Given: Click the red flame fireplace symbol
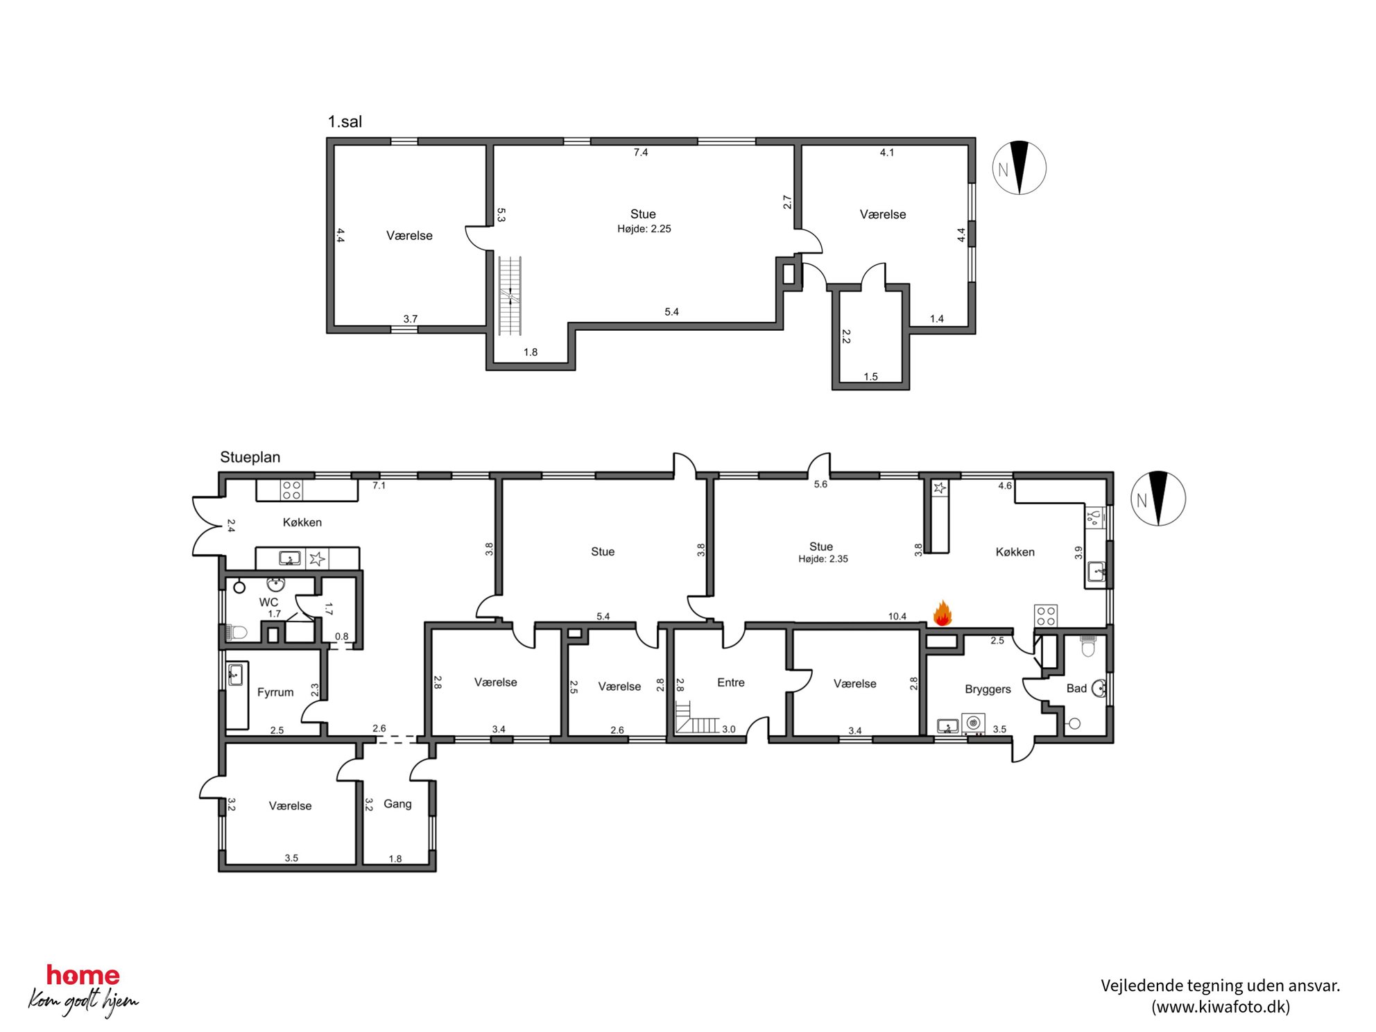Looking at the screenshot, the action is pyautogui.click(x=942, y=614).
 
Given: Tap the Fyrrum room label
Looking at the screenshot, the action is pyautogui.click(x=275, y=692).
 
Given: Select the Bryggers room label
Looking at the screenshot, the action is pyautogui.click(x=988, y=689).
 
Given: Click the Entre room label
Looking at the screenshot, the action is pyautogui.click(x=731, y=682).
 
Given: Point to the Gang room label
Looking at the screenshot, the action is pyautogui.click(x=397, y=804).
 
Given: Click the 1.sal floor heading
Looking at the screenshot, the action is pyautogui.click(x=345, y=121).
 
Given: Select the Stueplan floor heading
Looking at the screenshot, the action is pyautogui.click(x=250, y=457).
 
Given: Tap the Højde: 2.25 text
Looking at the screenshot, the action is pyautogui.click(x=644, y=229).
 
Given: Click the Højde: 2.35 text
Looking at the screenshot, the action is pyautogui.click(x=823, y=559).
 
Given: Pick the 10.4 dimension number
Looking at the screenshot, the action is pyautogui.click(x=897, y=616).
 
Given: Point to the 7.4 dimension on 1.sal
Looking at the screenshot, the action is pyautogui.click(x=641, y=152).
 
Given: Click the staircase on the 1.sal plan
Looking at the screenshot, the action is pyautogui.click(x=510, y=296).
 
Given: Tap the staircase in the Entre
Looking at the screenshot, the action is pyautogui.click(x=697, y=718).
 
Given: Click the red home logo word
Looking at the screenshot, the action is pyautogui.click(x=83, y=975).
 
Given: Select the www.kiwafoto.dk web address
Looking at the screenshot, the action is pyautogui.click(x=1221, y=1006).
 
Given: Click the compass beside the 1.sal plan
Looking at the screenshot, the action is pyautogui.click(x=1019, y=168).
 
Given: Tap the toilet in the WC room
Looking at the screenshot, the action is pyautogui.click(x=236, y=632).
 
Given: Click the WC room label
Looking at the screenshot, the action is pyautogui.click(x=268, y=602).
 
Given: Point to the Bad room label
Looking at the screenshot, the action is pyautogui.click(x=1076, y=688).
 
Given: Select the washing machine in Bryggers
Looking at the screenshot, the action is pyautogui.click(x=973, y=723).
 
